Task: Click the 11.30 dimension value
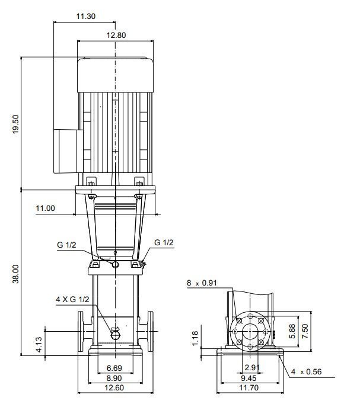85,17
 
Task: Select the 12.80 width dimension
116,35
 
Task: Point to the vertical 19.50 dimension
16,124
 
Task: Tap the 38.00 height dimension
16,274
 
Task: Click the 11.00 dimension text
45,208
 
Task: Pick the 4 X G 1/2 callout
72,299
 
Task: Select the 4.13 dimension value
39,344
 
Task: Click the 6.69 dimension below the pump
114,368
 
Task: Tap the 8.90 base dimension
114,378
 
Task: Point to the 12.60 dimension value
114,387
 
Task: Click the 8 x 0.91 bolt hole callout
202,283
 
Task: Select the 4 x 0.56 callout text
307,372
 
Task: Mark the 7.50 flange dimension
305,331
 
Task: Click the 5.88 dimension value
292,331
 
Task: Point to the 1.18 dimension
195,338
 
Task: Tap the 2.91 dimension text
252,367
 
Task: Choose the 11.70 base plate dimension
249,387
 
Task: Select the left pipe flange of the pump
81,331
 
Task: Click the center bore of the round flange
250,332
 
